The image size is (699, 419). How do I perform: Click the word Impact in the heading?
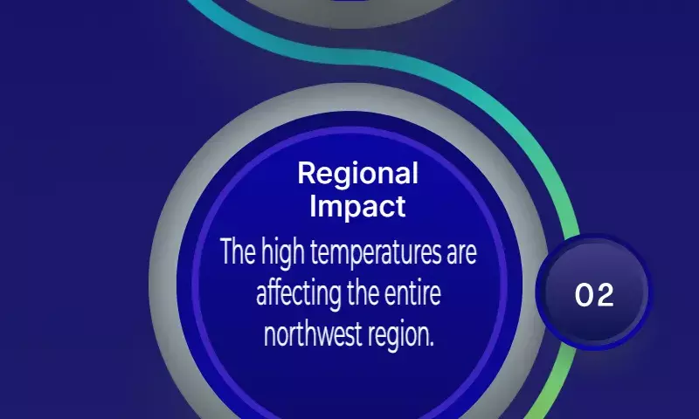click(x=357, y=207)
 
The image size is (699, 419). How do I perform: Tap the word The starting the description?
click(x=238, y=251)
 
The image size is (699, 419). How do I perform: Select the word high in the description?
click(x=283, y=254)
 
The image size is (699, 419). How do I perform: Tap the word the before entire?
click(x=363, y=293)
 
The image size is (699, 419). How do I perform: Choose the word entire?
click(x=412, y=293)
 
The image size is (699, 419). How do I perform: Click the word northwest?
click(x=312, y=334)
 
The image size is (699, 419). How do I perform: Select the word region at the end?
click(x=399, y=336)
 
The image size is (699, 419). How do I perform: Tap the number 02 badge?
click(x=594, y=292)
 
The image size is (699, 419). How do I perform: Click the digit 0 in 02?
click(x=584, y=295)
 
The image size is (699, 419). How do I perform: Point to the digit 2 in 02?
click(x=605, y=295)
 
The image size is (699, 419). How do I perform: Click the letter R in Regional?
click(x=307, y=173)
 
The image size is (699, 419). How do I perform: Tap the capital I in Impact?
click(x=313, y=206)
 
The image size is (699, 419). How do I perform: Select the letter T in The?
click(x=227, y=251)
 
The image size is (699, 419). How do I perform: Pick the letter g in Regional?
click(x=343, y=177)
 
